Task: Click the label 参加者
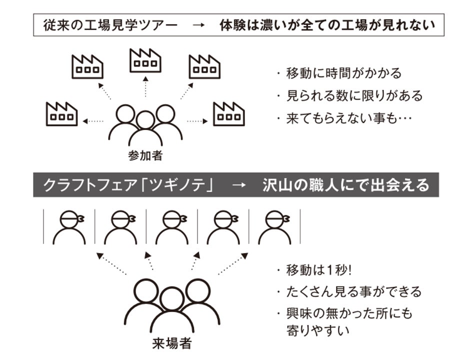coord(145,155)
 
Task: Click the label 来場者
coord(171,344)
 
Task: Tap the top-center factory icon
coord(145,61)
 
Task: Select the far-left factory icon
coord(61,114)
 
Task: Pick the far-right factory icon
coord(229,114)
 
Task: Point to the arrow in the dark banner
coord(239,185)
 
